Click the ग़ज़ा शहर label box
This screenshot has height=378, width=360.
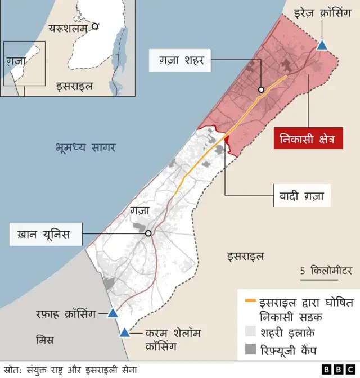pos(177,59)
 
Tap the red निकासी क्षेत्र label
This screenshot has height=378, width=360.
pos(308,139)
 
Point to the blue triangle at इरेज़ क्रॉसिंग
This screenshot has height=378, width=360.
pos(322,46)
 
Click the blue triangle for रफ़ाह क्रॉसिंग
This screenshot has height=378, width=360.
pos(113,313)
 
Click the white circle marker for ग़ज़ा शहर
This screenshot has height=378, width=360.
pos(261,90)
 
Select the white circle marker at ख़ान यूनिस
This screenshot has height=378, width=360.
pos(148,233)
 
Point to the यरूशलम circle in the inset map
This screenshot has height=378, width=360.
pos(96,26)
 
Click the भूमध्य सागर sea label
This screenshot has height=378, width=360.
pos(85,148)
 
